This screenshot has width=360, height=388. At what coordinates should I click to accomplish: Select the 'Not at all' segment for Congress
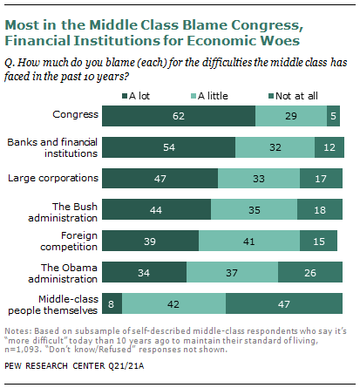334,115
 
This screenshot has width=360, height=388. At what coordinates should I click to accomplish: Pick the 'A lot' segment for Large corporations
160,178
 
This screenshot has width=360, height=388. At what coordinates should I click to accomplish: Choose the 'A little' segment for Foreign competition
249,241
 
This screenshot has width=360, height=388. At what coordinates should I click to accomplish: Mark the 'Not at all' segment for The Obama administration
310,272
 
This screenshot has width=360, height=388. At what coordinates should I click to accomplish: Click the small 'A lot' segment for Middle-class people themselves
112,303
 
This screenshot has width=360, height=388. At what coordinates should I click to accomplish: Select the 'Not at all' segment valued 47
286,303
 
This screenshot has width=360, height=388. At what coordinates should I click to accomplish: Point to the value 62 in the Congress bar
179,115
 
